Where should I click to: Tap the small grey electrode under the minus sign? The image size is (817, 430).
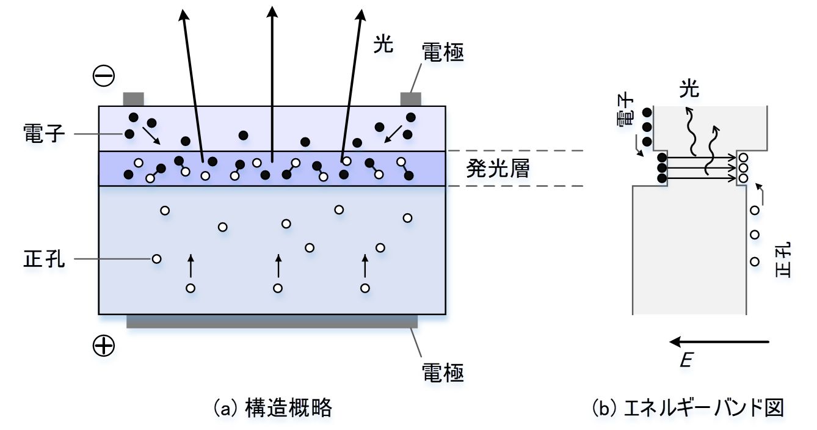point(133,99)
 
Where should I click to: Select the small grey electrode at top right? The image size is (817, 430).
point(411,99)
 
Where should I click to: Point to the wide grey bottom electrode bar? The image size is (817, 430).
point(272,321)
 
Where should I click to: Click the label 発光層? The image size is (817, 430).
point(497,169)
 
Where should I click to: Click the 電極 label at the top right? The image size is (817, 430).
point(443,54)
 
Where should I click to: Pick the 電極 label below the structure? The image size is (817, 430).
point(443,371)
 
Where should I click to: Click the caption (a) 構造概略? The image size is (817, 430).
point(272,407)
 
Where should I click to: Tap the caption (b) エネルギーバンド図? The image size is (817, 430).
point(688,407)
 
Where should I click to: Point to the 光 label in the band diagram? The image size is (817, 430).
point(690,90)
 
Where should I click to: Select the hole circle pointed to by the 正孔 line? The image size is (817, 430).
point(157,259)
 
